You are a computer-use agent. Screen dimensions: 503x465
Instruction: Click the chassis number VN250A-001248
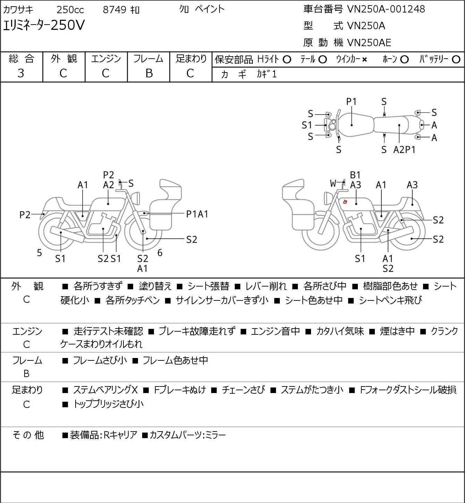coord(386,9)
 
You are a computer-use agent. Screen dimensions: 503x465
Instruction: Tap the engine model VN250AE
coord(369,43)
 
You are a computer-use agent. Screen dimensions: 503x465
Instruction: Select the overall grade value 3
coord(21,73)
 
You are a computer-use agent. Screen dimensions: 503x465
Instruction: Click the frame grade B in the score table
coord(149,73)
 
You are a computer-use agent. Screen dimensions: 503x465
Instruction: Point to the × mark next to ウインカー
coord(364,60)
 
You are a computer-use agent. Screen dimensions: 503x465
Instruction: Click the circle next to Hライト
coord(287,60)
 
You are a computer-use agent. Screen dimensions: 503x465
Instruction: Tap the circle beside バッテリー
coord(456,60)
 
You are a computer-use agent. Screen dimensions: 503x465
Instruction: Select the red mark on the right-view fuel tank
coord(345,202)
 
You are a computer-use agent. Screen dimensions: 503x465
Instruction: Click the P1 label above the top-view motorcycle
coord(351,102)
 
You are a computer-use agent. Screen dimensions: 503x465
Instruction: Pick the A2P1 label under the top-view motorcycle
coord(404,150)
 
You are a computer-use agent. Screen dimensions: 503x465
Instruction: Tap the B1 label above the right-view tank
coord(355,175)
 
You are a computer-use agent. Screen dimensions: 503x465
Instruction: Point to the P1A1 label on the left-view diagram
coord(197,214)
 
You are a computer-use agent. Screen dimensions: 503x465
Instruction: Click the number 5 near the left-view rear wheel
coord(40,253)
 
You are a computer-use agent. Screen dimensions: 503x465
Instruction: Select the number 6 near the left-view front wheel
coord(160,253)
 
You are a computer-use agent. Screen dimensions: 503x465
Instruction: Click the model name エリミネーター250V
coord(44,26)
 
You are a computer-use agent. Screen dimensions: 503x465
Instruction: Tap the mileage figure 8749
coord(114,9)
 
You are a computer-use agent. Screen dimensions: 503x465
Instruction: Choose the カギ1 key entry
coord(267,74)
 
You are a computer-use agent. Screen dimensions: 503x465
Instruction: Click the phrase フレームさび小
coord(100,360)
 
